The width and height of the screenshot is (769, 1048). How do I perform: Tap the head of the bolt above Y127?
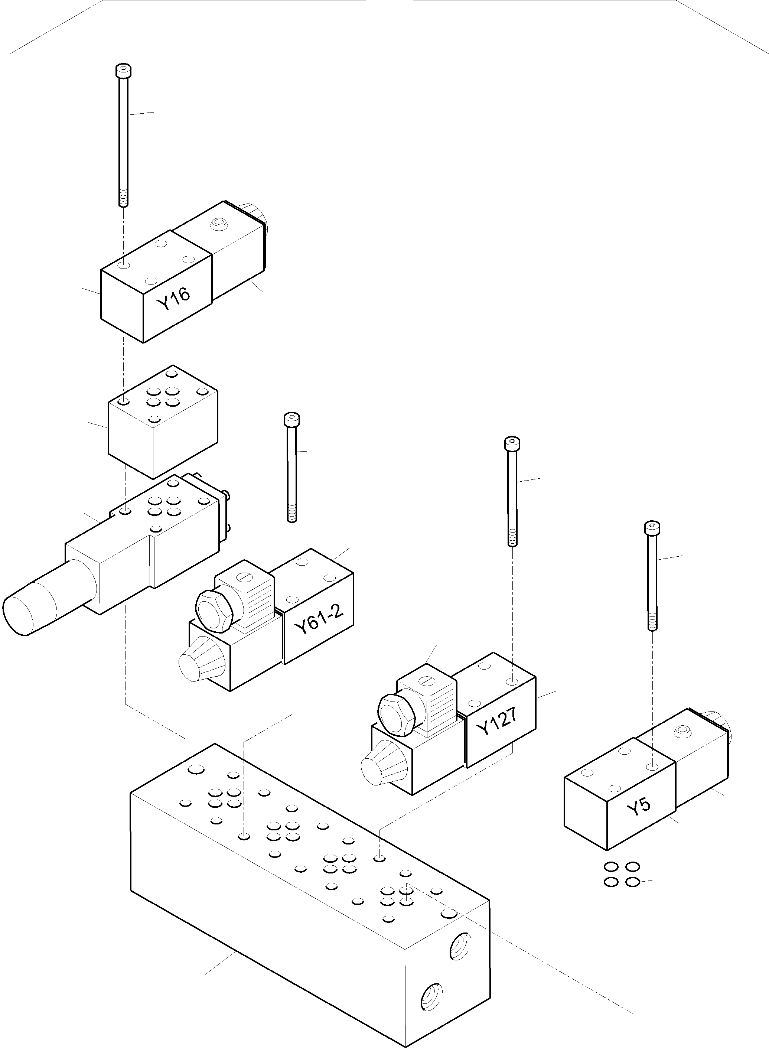512,443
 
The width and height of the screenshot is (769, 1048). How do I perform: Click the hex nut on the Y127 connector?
396,715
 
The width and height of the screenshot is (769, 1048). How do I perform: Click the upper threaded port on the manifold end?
460,946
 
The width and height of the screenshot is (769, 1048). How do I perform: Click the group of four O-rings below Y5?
622,874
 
